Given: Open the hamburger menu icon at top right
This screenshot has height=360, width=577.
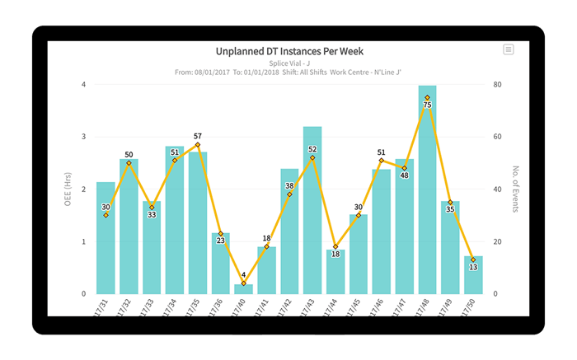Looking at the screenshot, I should [509, 49].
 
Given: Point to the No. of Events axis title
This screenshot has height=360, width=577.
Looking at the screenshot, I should [514, 189].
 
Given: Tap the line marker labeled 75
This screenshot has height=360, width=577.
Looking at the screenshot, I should [427, 97].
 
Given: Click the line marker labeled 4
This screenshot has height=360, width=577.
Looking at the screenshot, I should [243, 283].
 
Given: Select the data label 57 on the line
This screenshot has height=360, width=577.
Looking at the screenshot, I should [198, 136].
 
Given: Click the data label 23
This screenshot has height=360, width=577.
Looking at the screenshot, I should [220, 241].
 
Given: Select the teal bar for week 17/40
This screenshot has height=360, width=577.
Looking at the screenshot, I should [243, 289].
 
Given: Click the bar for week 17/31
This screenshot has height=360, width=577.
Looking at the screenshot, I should [106, 239].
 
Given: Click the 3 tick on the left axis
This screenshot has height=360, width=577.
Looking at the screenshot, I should [82, 137].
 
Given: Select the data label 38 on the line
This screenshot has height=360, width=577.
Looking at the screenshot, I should [289, 186].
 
